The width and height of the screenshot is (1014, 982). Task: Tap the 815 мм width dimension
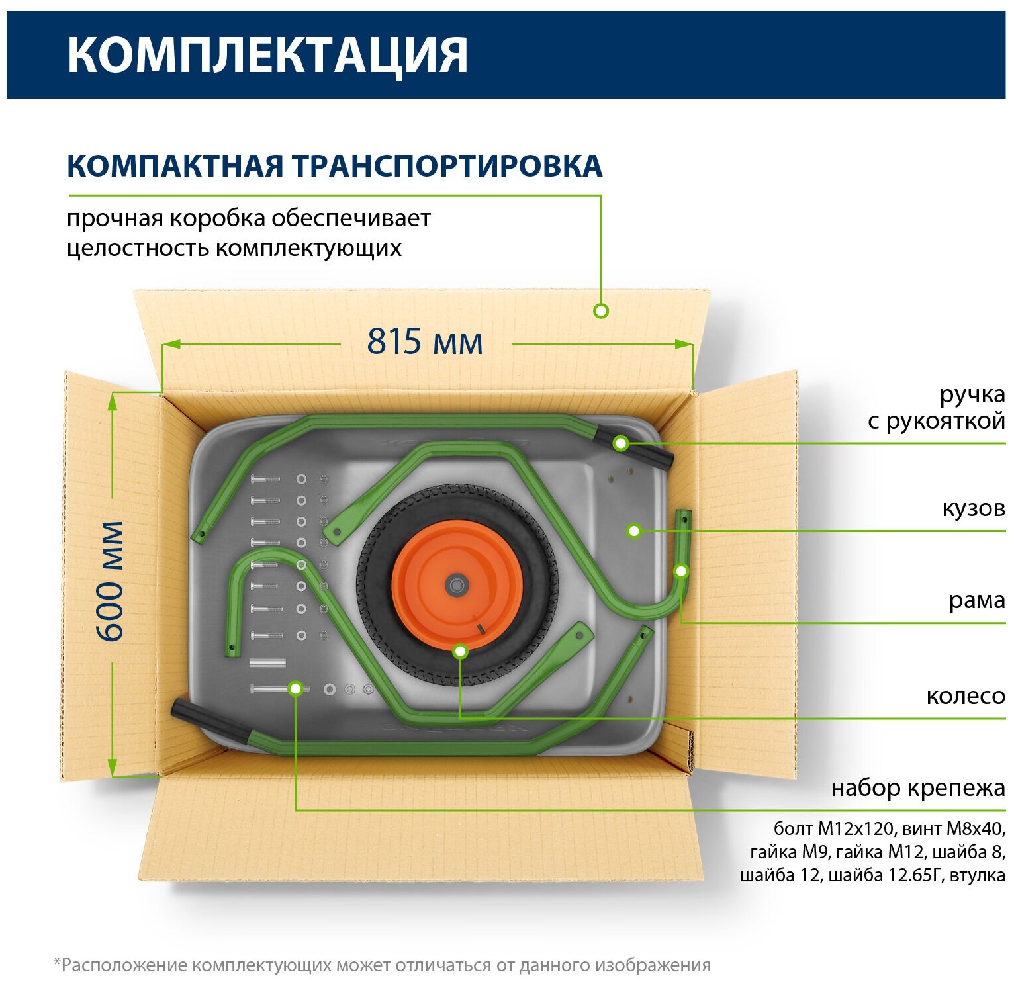click(x=425, y=342)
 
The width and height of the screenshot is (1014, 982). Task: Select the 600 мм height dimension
click(x=110, y=580)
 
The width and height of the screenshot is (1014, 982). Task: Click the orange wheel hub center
click(x=455, y=584)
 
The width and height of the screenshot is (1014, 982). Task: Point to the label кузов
click(x=973, y=508)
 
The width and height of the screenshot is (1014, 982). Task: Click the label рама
click(x=976, y=600)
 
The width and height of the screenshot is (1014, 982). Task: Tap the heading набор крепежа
click(x=917, y=788)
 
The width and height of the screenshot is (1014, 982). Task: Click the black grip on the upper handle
click(x=635, y=449)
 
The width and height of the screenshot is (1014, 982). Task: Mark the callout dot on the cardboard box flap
click(x=601, y=310)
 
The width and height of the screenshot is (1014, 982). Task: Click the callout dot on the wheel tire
click(x=461, y=652)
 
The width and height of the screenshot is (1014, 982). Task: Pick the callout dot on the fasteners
click(x=296, y=688)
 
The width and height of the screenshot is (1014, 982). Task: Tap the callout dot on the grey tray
click(x=634, y=531)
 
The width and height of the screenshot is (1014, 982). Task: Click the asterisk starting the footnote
click(x=57, y=963)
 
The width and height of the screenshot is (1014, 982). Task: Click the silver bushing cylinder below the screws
click(x=267, y=663)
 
